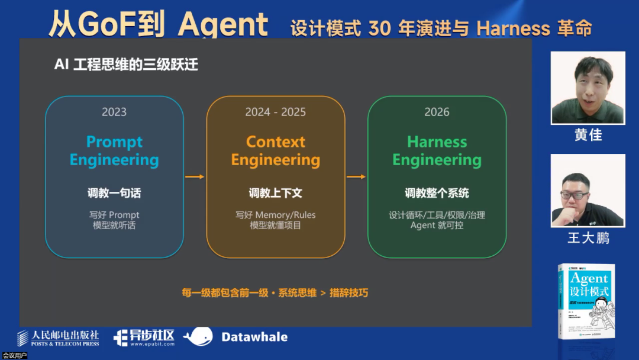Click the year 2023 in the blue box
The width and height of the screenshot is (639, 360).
click(114, 112)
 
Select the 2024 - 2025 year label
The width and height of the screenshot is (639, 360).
click(275, 112)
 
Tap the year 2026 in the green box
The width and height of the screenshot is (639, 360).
click(437, 112)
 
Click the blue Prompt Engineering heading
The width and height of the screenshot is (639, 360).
click(114, 151)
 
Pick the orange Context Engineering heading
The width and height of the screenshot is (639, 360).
click(275, 151)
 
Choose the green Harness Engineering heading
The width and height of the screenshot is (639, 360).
click(437, 151)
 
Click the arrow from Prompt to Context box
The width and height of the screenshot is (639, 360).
click(195, 176)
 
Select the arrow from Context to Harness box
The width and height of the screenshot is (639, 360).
click(356, 176)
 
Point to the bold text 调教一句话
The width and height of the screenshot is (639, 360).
click(114, 193)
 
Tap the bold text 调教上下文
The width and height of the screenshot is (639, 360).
click(275, 193)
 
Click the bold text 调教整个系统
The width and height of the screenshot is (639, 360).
click(437, 193)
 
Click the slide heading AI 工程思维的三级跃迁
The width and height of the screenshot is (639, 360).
click(126, 65)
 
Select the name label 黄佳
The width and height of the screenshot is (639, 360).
click(588, 135)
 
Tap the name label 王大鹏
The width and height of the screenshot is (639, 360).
click(588, 238)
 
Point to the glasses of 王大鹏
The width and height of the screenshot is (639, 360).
click(575, 195)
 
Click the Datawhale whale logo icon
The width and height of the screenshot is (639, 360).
click(198, 337)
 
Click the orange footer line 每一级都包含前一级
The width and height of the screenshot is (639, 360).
click(275, 292)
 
